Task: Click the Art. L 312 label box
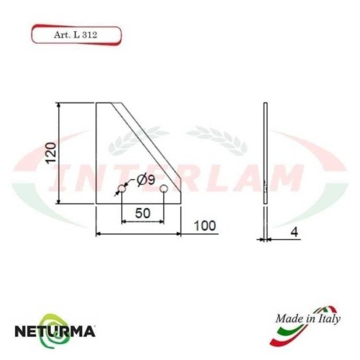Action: coord(76,35)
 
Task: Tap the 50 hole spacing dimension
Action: coord(142,214)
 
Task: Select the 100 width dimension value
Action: coord(204,225)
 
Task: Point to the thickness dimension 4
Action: coord(294,233)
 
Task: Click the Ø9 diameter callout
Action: coord(146,180)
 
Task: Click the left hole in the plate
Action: coord(122,190)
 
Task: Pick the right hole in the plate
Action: coord(163,190)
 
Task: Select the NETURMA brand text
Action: coord(55,329)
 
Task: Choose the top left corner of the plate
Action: coord(96,103)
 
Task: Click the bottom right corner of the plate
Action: coord(179,201)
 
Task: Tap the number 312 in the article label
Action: coord(95,35)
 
